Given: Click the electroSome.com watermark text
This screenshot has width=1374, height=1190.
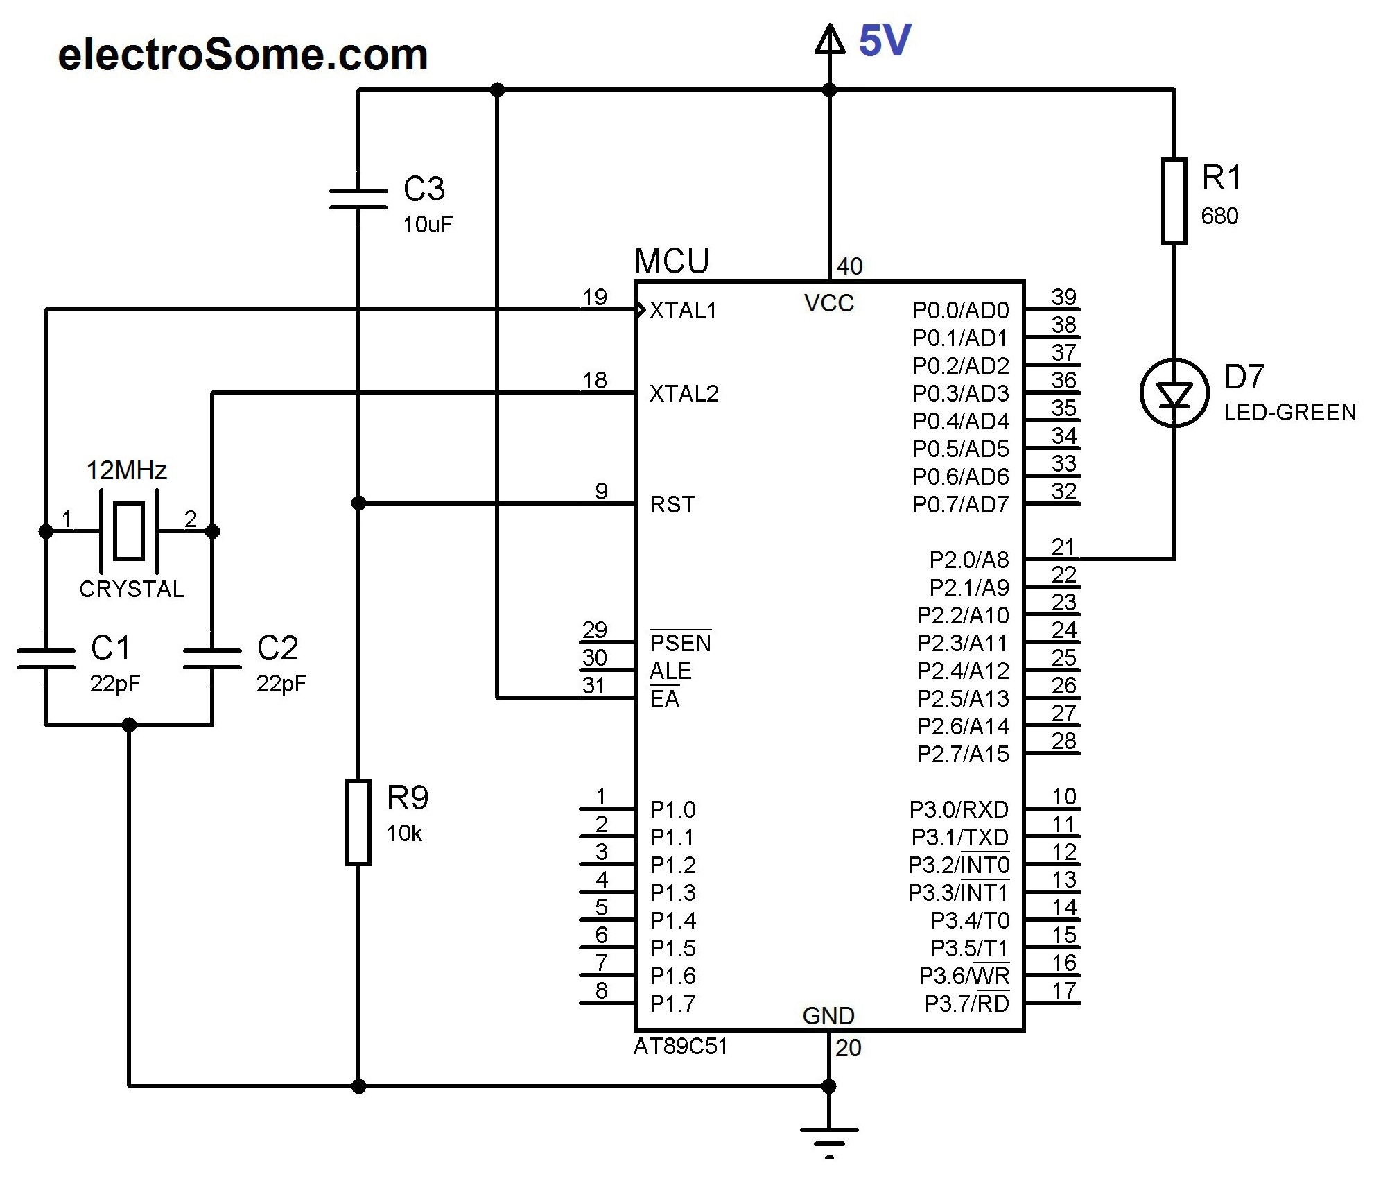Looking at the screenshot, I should coord(243,55).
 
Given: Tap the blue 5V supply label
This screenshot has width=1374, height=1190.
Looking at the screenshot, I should coord(885,41).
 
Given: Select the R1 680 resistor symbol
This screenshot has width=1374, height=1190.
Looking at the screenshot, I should coord(1174,201).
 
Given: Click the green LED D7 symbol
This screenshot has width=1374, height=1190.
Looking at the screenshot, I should coord(1174,393).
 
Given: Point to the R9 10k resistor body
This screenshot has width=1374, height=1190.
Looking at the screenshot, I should coord(358,822).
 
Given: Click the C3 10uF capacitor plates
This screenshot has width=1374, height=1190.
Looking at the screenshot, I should coord(358,198).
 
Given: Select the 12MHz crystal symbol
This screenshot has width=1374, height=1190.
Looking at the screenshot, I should coord(129,531).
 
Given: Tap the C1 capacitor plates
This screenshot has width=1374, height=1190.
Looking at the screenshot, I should coord(46,658).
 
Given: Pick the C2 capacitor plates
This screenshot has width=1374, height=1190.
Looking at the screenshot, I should coord(212,658).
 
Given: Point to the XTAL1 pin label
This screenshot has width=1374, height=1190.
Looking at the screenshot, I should coord(683,311).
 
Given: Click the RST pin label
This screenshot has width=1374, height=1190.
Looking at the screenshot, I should coord(672,505).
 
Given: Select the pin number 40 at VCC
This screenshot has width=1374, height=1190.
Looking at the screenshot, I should coord(849,266).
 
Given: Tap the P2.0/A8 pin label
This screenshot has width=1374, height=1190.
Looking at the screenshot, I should coord(969,560).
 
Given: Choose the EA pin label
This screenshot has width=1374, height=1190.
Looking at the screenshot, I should coord(664,698).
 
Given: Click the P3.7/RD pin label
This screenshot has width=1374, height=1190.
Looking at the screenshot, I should coord(966,1003).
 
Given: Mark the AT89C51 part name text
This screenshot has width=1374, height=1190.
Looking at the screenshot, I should coord(681,1046).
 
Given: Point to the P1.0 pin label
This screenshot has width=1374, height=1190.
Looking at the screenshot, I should coord(672,809).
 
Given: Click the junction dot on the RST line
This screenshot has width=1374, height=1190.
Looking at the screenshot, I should coord(358,503).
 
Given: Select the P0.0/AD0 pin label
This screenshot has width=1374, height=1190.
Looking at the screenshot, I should coord(961,311).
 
